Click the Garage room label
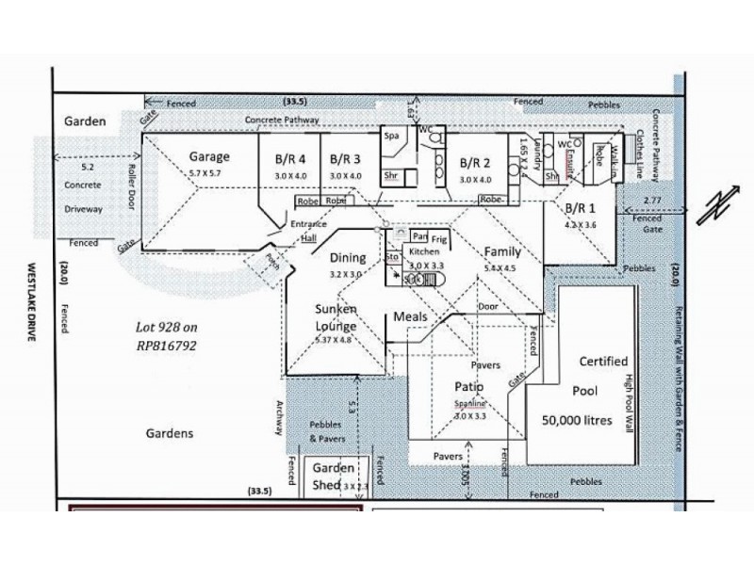coord(208,156)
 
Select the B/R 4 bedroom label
coord(290,159)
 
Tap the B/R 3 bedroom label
coord(345,159)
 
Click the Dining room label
coord(347,257)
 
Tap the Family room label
coord(502,251)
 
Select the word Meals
coord(411,316)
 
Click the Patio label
coord(468,387)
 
